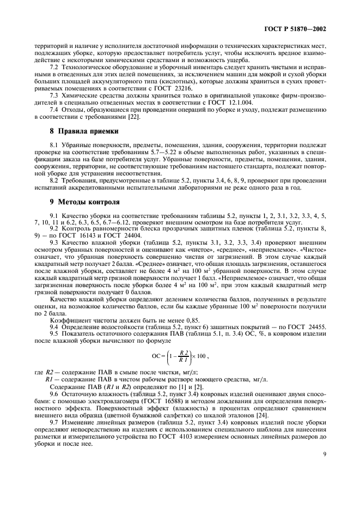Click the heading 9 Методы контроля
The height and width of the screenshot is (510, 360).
[81, 202]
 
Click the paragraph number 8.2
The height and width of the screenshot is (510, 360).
[54, 180]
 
